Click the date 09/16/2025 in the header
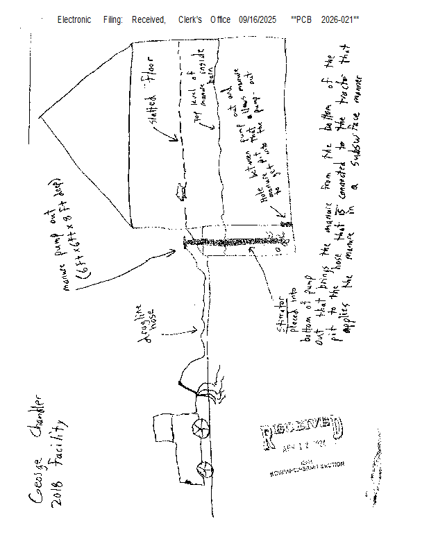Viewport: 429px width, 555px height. [x=257, y=20]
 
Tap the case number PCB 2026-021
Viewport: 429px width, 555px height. [x=326, y=20]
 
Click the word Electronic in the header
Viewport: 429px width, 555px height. [x=74, y=20]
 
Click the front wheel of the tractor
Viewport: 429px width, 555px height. [x=200, y=430]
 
